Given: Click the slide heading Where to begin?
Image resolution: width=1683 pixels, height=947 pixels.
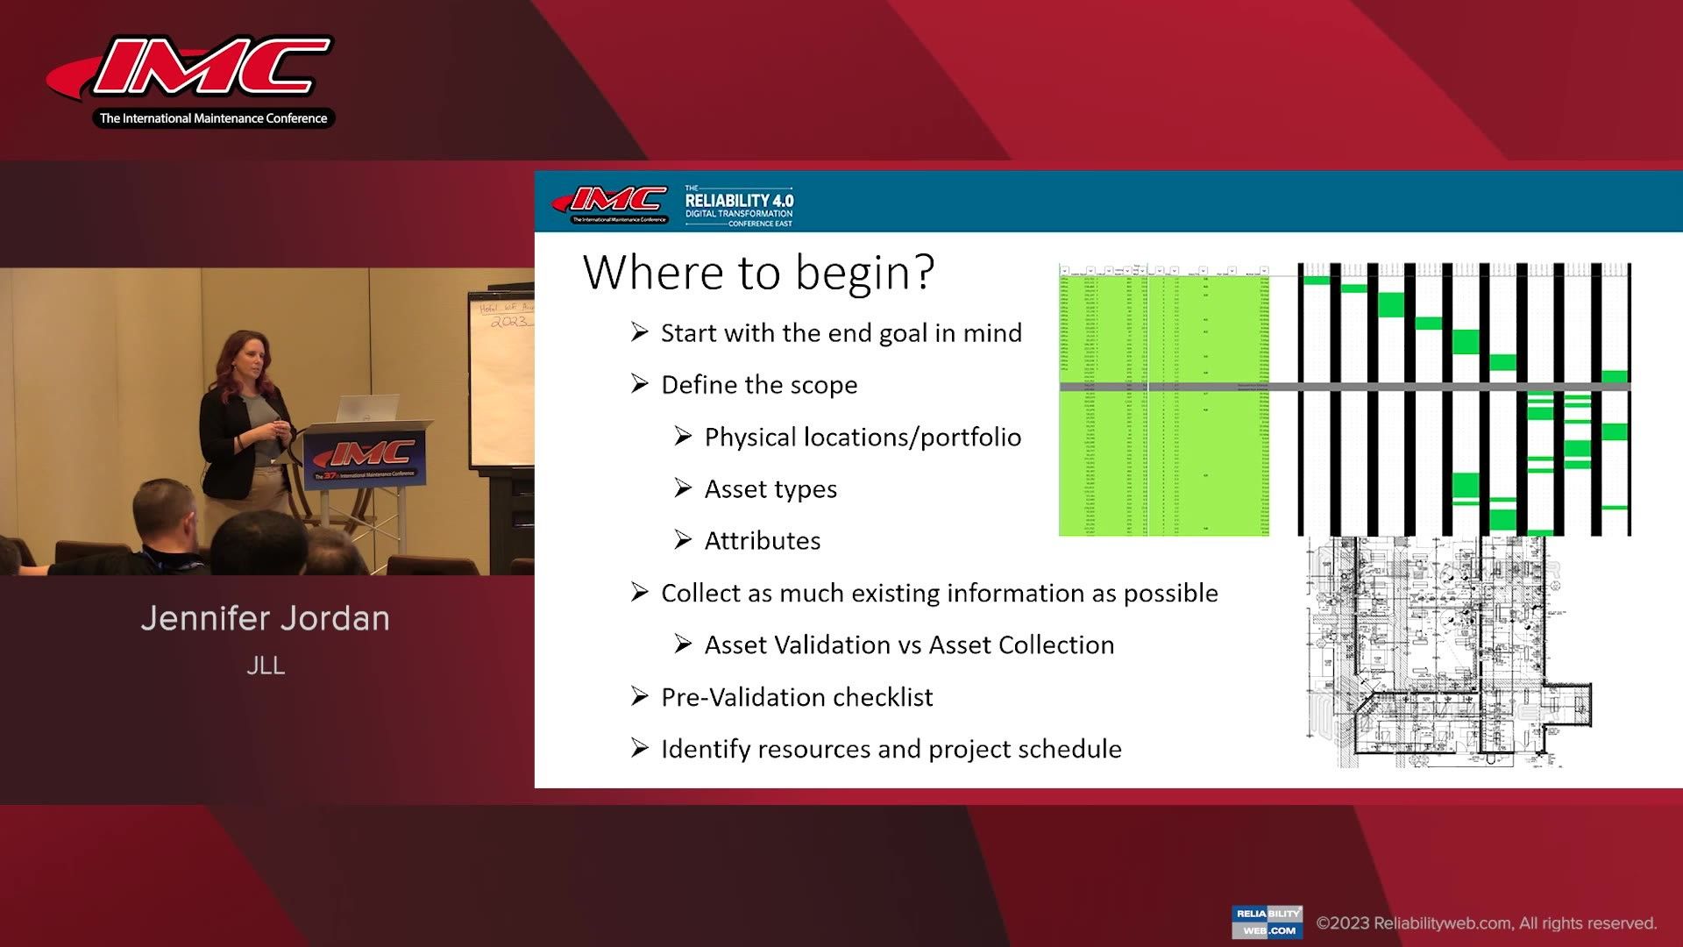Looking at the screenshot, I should tap(758, 273).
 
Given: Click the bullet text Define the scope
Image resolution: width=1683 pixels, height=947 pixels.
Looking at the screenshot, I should tap(759, 385).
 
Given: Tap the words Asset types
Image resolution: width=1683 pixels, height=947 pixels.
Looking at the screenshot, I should tap(770, 489).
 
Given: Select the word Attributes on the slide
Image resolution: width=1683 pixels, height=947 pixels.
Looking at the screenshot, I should tap(763, 541).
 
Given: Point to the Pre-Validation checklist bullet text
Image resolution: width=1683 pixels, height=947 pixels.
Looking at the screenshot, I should tap(797, 697).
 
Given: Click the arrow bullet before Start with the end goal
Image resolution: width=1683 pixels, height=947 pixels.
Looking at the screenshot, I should tap(640, 332).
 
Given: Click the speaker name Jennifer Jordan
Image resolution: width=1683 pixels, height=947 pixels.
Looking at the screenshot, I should tap(265, 619).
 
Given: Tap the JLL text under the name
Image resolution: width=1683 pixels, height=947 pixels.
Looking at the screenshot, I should tap(266, 666).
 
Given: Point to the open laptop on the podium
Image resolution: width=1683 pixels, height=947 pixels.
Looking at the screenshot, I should tap(366, 408).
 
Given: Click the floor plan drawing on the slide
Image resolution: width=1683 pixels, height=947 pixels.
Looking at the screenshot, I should tap(1446, 653).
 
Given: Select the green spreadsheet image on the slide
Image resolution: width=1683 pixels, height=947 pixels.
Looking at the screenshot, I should tap(1163, 399).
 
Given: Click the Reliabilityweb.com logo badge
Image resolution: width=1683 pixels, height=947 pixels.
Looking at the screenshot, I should tap(1267, 922).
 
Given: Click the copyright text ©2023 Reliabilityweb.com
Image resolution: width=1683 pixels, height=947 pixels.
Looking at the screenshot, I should tap(1486, 923).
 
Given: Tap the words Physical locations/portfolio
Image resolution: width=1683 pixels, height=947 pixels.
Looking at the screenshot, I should tap(863, 438).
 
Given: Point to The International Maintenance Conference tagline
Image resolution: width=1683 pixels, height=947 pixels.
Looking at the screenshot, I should tap(213, 118).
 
